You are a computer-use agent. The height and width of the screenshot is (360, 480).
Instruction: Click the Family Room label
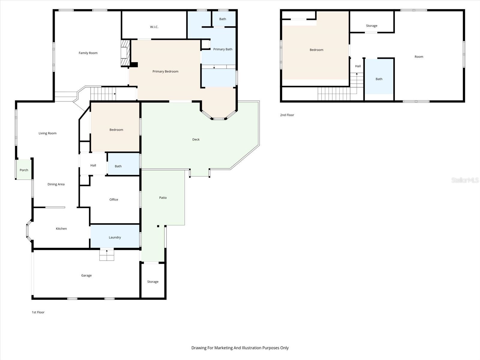88,53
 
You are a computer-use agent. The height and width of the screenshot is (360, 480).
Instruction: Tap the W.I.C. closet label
154,27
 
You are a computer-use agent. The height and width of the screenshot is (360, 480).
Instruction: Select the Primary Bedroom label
165,71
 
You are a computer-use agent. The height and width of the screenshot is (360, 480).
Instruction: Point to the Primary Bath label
223,49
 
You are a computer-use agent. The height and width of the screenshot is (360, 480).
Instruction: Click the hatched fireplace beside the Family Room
125,53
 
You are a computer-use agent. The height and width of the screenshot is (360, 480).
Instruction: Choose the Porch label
24,170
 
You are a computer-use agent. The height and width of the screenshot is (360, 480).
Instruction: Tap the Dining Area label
56,184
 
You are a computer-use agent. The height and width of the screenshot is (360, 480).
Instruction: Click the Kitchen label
61,229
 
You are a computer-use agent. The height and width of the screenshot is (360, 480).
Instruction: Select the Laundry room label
115,237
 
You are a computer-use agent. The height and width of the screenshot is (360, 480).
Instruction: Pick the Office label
114,199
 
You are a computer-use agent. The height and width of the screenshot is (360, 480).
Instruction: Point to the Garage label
86,275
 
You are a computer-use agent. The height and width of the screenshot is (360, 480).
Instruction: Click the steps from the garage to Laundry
107,255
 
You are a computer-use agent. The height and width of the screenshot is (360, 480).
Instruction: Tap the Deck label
196,139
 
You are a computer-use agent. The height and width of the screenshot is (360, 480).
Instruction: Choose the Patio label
163,198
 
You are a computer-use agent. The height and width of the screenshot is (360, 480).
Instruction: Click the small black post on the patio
158,226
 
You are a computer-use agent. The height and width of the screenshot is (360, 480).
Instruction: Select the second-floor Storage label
371,26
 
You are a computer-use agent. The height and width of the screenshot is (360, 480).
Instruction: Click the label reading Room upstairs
419,57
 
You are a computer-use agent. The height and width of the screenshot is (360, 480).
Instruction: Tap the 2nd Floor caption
287,115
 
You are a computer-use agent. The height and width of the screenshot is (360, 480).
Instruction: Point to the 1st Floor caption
38,312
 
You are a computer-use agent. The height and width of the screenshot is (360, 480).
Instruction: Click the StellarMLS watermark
465,180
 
